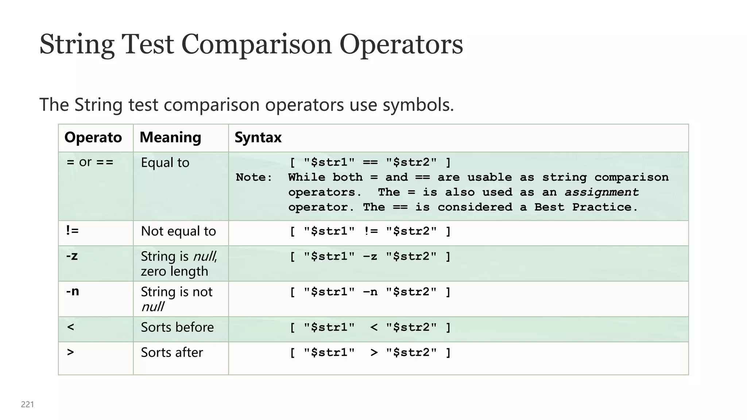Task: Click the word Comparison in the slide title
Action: pos(256,44)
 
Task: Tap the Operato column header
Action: pos(93,137)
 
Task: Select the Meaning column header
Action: pos(170,137)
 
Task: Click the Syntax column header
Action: pos(258,137)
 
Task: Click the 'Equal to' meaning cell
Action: pos(165,163)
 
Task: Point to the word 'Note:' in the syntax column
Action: pos(254,178)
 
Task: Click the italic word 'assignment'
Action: pos(601,192)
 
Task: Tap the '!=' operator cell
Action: pos(72,230)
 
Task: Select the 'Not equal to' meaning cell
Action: pos(178,231)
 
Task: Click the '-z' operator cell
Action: pos(72,256)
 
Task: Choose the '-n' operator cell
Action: pos(73,291)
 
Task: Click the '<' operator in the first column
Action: pos(71,327)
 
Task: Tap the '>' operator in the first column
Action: pos(71,352)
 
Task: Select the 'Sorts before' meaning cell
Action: pos(177,327)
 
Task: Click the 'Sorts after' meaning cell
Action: pos(172,353)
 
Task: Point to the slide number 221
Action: pos(27,404)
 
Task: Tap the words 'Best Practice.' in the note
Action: pos(586,207)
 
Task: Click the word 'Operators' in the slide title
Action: pos(401,44)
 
